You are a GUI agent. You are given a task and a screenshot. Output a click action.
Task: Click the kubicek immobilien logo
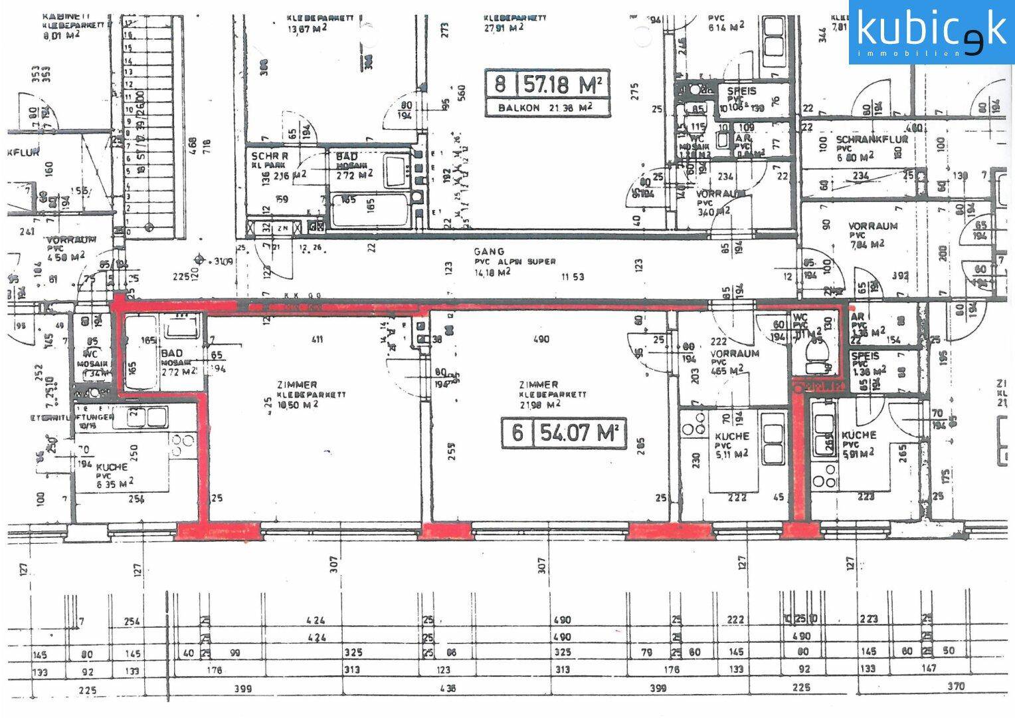(x=931, y=32)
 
